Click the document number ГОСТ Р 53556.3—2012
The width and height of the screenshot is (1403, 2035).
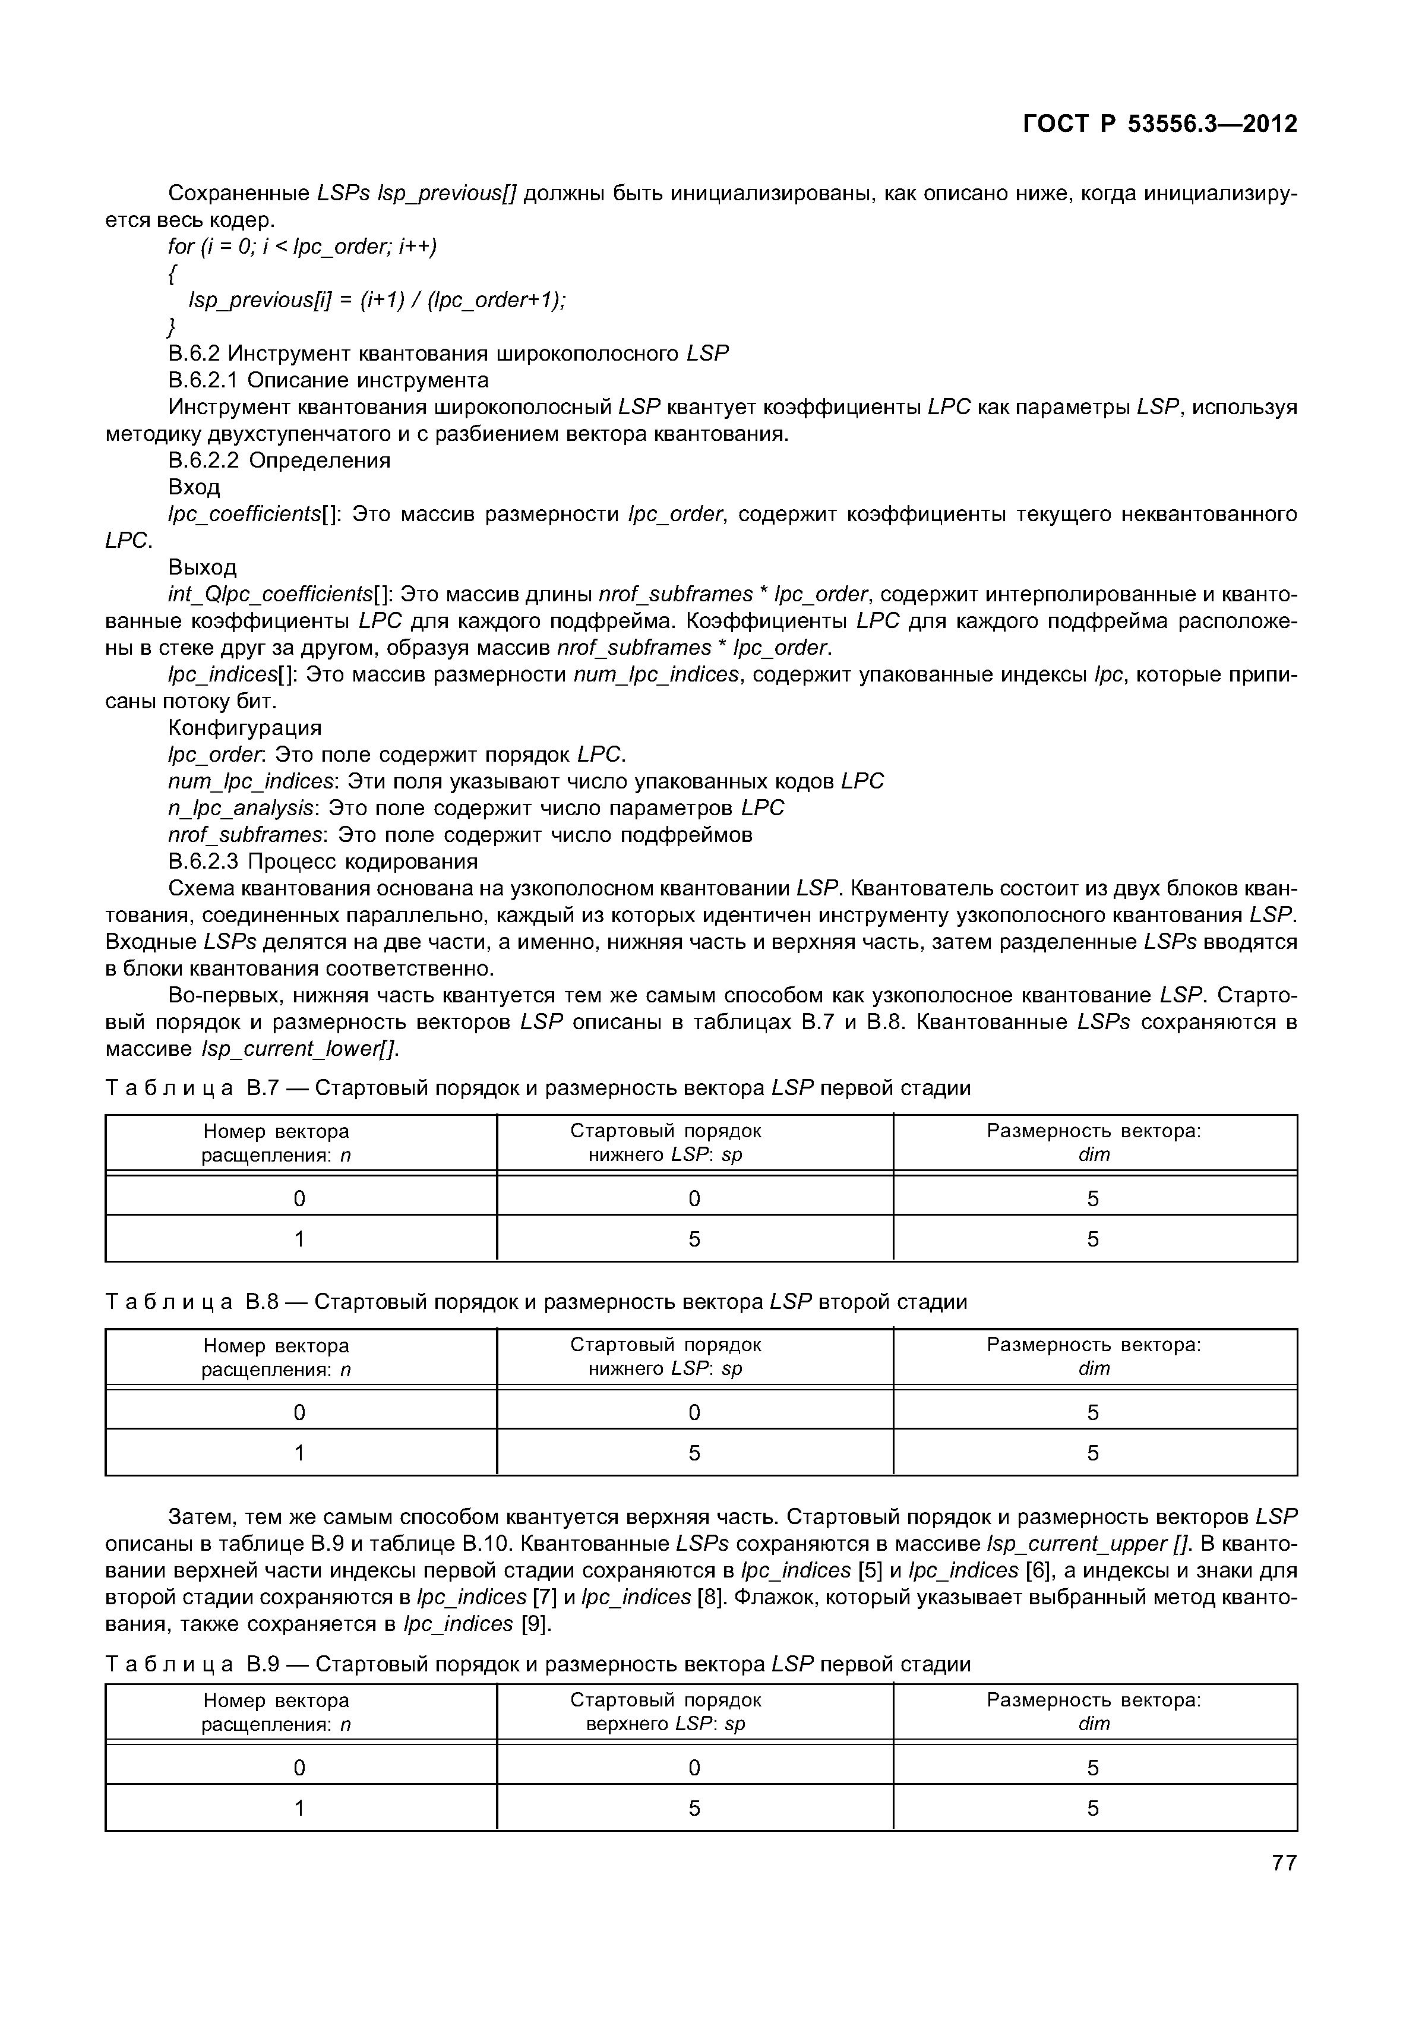coord(1159,124)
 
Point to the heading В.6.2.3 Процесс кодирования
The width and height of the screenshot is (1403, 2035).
coord(323,861)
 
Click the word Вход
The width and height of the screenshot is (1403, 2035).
coord(194,487)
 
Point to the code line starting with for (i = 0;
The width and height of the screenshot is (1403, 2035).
coord(302,246)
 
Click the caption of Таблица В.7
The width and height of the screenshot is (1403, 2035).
coord(538,1088)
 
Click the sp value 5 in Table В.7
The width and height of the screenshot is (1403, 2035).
coord(694,1239)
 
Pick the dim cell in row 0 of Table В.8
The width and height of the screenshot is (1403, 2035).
coord(1093,1412)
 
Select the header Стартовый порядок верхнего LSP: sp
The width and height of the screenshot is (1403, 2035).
coord(665,1711)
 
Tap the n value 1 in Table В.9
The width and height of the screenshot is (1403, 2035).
coord(300,1808)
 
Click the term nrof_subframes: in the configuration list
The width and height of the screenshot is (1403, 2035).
coord(246,835)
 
